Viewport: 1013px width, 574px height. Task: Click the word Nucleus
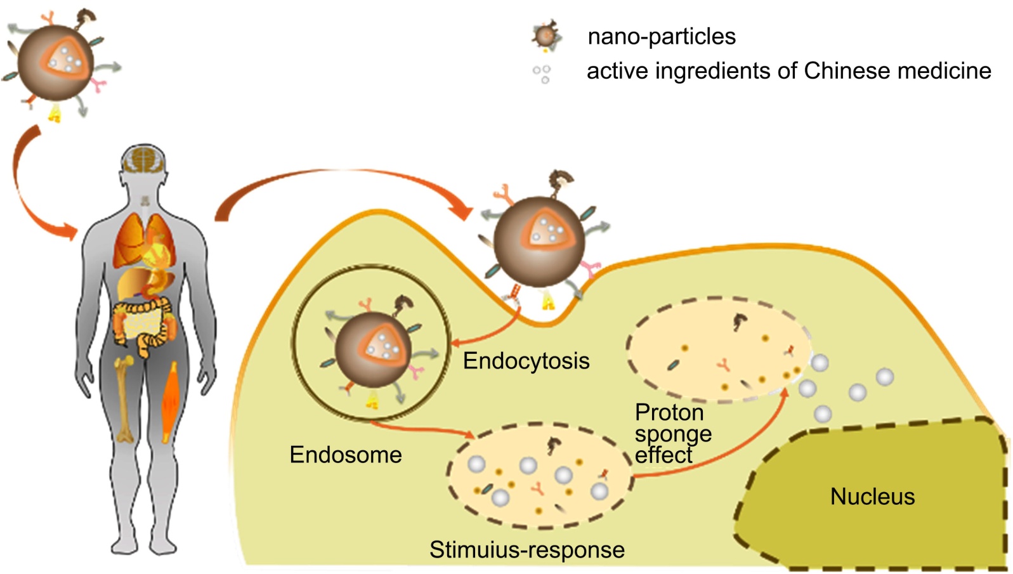pyautogui.click(x=872, y=497)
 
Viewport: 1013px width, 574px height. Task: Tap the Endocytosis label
pyautogui.click(x=526, y=361)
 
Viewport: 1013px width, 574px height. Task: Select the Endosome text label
pyautogui.click(x=346, y=455)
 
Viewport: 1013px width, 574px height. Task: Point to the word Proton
pyautogui.click(x=669, y=413)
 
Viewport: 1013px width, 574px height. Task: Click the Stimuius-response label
pyautogui.click(x=526, y=549)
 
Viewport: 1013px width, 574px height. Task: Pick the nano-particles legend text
pyautogui.click(x=662, y=37)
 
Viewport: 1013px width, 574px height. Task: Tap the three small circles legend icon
pyautogui.click(x=542, y=74)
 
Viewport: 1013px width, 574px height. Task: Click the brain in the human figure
pyautogui.click(x=145, y=160)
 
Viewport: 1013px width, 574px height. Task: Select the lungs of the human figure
pyautogui.click(x=144, y=241)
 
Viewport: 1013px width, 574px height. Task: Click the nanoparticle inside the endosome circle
pyautogui.click(x=373, y=349)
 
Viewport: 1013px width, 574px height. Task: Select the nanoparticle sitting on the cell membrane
pyautogui.click(x=540, y=241)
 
